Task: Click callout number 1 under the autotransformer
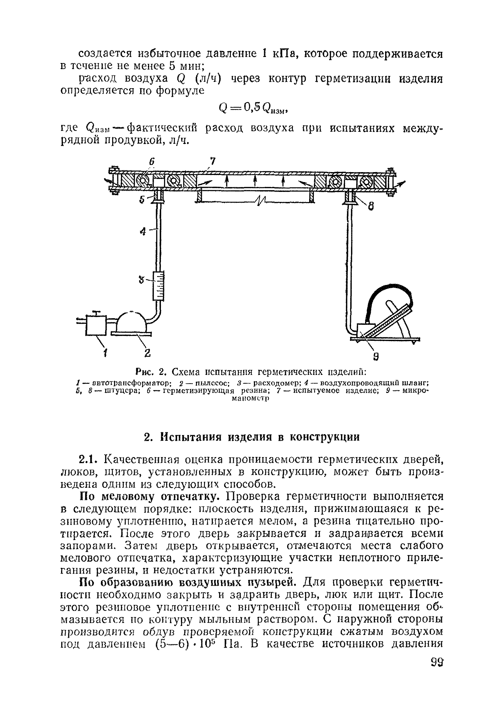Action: coord(106,352)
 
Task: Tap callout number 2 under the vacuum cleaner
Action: coord(147,353)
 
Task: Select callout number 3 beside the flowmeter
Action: coord(141,280)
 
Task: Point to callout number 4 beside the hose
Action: coord(143,231)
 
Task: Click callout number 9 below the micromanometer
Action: coord(376,357)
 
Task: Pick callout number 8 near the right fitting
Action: coord(371,206)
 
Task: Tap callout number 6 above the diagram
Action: coord(152,162)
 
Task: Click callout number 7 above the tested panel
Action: coord(213,162)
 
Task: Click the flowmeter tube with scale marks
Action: coord(159,286)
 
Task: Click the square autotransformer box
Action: coord(96,325)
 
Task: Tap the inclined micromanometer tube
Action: coord(387,322)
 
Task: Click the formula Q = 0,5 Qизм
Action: coord(254,108)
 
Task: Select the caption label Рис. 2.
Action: coord(151,371)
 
